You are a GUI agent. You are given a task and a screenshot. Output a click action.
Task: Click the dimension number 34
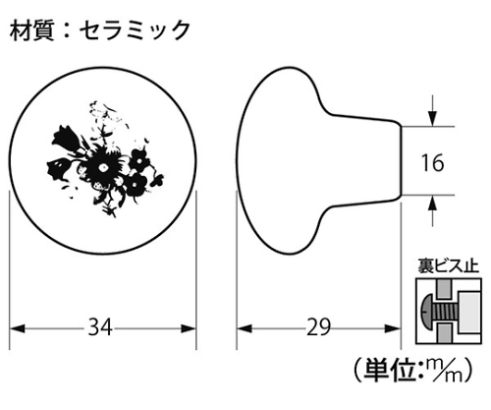(x=100, y=327)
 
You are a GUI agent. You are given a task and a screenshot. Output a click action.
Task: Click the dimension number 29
(x=318, y=327)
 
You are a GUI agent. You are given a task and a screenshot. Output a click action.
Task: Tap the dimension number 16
(x=432, y=163)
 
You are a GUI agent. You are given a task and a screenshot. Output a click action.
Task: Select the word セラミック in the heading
(x=135, y=30)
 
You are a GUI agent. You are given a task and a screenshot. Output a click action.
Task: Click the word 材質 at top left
(x=31, y=30)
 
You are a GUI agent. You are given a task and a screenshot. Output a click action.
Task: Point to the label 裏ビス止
(x=448, y=266)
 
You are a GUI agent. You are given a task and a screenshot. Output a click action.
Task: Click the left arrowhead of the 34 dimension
(x=17, y=328)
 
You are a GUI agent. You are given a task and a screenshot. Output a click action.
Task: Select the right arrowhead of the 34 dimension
(x=189, y=328)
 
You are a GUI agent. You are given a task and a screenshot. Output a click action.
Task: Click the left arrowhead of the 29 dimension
(x=245, y=328)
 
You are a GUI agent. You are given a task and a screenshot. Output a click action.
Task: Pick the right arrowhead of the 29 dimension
(x=393, y=328)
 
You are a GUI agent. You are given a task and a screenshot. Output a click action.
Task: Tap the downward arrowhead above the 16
(x=433, y=119)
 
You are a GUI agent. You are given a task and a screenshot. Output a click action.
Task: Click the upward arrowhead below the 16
(x=433, y=204)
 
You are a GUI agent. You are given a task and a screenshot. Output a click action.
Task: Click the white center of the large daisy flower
(x=103, y=167)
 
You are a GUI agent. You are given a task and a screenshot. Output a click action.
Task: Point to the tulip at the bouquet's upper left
(x=65, y=139)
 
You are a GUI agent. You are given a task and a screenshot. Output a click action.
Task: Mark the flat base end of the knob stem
(x=402, y=160)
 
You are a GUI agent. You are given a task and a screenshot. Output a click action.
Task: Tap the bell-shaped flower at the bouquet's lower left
(x=58, y=169)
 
